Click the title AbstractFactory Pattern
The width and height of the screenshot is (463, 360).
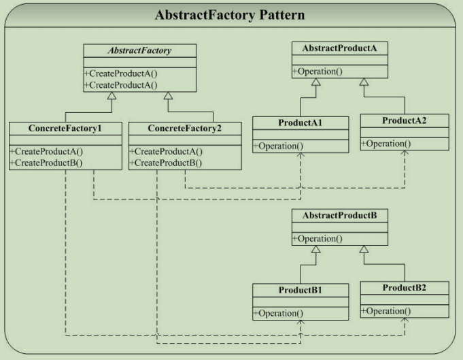click(x=230, y=15)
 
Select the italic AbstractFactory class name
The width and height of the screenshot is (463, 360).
click(x=139, y=50)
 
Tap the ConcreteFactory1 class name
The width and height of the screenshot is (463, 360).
click(x=65, y=128)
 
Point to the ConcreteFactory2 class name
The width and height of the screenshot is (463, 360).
click(x=184, y=128)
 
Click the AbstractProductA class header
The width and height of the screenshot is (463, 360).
click(x=339, y=48)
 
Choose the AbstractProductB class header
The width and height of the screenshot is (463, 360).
click(x=339, y=216)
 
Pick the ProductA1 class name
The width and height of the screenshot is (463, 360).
click(x=301, y=122)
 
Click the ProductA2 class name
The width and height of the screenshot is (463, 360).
click(x=405, y=120)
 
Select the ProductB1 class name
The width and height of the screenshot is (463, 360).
click(x=301, y=290)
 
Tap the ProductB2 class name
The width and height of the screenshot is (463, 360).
click(x=405, y=288)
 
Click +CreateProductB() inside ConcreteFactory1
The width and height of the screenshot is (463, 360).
click(x=46, y=163)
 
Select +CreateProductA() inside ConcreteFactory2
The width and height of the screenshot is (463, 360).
click(x=166, y=152)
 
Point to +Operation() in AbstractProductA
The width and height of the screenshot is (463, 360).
click(x=318, y=71)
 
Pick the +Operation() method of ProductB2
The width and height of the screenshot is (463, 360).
click(x=386, y=311)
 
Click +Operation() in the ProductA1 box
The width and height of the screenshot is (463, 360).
click(x=278, y=146)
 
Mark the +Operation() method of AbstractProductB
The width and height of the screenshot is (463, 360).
click(x=318, y=239)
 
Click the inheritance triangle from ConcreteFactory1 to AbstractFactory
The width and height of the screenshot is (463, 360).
click(x=112, y=96)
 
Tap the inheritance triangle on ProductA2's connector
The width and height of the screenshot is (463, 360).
click(x=364, y=82)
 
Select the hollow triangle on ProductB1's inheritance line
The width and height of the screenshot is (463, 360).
click(x=316, y=249)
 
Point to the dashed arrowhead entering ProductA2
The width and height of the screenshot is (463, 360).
click(x=405, y=153)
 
